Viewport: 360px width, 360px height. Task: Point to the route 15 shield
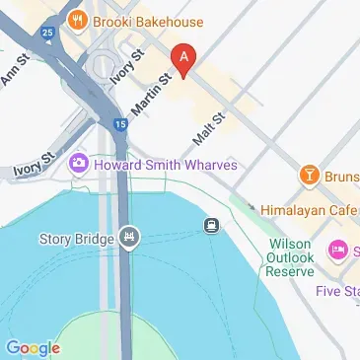[x=119, y=124]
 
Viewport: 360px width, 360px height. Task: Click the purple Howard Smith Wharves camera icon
[x=78, y=165]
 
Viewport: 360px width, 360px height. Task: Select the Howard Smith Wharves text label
[x=165, y=165]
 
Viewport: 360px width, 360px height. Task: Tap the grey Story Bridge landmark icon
[x=129, y=237]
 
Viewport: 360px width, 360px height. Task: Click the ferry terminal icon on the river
[x=211, y=226]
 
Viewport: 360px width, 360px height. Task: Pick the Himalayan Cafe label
[x=309, y=210]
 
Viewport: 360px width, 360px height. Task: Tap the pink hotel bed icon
[x=338, y=250]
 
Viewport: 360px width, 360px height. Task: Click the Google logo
[x=33, y=347]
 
